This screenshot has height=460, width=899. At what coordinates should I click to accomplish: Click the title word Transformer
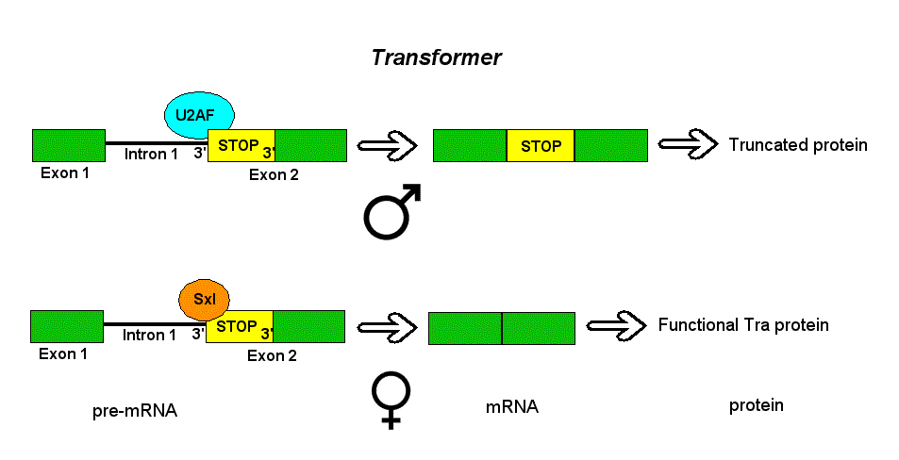click(x=436, y=57)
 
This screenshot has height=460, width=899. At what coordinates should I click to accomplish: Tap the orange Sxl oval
click(x=205, y=299)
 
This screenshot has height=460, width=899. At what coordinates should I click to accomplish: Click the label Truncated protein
click(x=797, y=145)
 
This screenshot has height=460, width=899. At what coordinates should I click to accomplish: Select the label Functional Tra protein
click(x=742, y=325)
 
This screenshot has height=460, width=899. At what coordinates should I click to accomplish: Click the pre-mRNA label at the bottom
click(x=135, y=411)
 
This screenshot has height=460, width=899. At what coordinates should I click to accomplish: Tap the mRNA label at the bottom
click(x=512, y=407)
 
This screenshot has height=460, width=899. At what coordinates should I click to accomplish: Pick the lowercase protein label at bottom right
click(x=757, y=405)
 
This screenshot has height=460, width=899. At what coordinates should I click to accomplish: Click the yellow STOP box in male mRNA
click(x=541, y=146)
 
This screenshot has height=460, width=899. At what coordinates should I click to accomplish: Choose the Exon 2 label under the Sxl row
click(x=272, y=355)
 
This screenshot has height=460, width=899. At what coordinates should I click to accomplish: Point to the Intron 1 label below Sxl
click(x=149, y=335)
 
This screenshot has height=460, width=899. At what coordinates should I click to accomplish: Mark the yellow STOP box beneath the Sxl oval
click(x=239, y=327)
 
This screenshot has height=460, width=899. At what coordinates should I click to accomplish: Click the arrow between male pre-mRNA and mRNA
click(x=387, y=145)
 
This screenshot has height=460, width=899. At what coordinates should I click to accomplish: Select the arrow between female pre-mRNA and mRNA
click(x=387, y=327)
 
